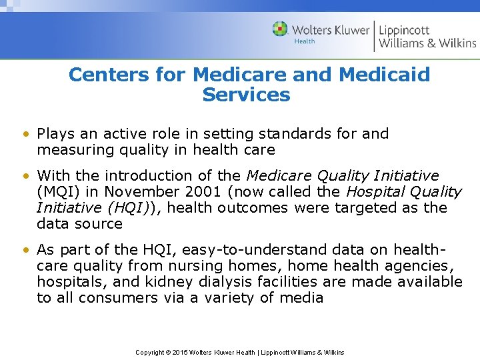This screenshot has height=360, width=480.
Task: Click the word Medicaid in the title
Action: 385,74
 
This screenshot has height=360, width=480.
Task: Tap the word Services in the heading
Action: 246,95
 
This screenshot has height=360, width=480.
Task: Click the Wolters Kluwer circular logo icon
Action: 280,29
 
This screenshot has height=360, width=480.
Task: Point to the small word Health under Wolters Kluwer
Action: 305,41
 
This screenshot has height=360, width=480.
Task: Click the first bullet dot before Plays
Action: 25,134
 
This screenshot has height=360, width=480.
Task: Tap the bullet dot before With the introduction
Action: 25,176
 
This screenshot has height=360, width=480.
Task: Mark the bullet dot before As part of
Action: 25,250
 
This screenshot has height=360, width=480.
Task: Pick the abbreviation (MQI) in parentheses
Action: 57,192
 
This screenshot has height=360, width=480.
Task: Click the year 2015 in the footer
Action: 181,352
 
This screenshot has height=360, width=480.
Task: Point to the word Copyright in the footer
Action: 149,352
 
